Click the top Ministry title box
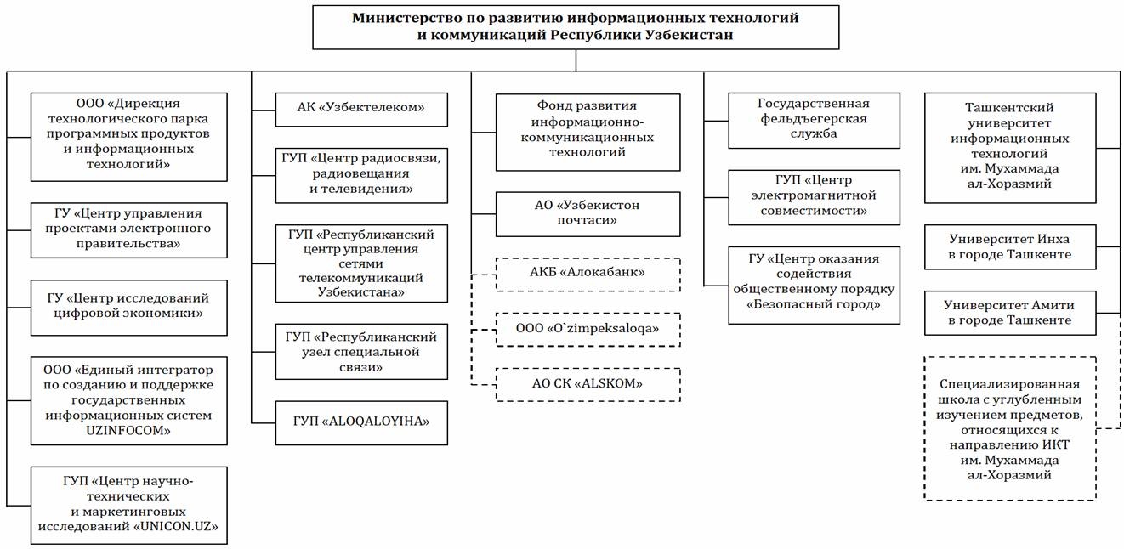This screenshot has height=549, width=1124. pos(576,26)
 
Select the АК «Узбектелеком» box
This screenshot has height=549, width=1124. pos(361,108)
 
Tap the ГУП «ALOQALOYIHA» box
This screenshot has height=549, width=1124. pos(361,422)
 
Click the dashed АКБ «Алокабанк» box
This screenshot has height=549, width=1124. pos(588,274)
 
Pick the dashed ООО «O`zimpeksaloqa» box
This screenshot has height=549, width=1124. pos(588,328)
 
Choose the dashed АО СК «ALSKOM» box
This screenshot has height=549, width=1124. pos(588,384)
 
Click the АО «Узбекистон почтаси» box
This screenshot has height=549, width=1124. pos(588,213)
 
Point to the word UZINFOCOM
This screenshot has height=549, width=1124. pos(129,430)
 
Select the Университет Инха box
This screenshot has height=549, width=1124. pos(1009,246)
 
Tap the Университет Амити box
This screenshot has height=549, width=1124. pos(1009,313)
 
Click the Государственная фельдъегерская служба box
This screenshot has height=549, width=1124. pos(814,120)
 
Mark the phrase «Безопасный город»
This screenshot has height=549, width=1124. pos(814,304)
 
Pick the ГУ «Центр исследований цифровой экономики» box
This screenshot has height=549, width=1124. pos(129,306)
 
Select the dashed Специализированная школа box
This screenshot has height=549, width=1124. pos(1009,427)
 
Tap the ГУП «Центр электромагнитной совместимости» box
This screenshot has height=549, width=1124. pos(814,196)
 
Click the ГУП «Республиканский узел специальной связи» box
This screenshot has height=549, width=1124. pos(361,352)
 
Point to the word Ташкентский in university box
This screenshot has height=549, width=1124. pos(1009,108)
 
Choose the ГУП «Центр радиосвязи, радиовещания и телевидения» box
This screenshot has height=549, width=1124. pos(361,173)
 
